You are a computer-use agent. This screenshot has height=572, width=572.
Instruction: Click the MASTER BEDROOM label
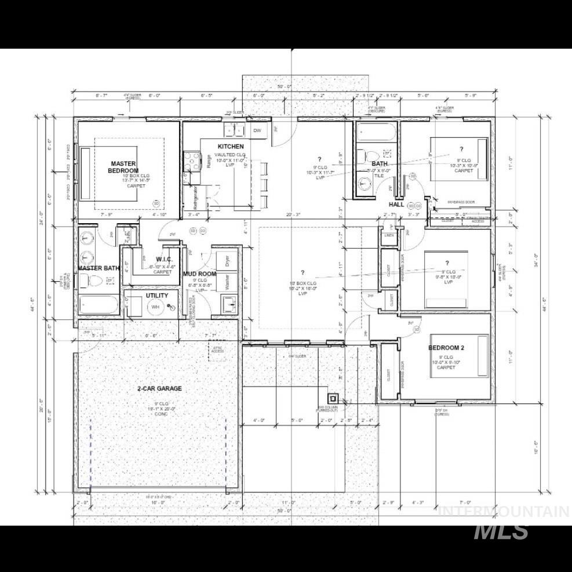point(124,167)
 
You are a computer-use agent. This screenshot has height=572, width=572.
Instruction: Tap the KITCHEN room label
point(230,147)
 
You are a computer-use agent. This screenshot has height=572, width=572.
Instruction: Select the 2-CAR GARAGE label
point(159,388)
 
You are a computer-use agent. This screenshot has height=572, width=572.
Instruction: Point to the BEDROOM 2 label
point(446,348)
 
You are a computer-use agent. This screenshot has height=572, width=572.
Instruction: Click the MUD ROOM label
point(200,274)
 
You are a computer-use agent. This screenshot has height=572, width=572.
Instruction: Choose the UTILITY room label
point(157,296)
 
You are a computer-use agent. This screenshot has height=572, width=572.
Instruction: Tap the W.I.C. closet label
point(162,259)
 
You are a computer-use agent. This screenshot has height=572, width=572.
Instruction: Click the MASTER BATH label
point(99,268)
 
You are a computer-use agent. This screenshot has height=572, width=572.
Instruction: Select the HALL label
point(396,205)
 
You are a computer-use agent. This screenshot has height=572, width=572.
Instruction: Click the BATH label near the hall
point(380,164)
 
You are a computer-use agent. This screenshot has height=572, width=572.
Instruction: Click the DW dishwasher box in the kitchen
point(257,131)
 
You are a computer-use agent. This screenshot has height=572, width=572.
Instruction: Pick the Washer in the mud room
point(228,282)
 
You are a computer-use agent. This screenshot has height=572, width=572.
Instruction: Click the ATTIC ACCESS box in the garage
point(217,348)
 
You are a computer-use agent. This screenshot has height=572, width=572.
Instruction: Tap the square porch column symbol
point(333,398)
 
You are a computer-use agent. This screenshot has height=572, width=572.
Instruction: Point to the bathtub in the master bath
point(98,304)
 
